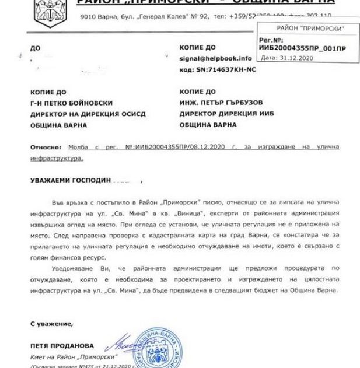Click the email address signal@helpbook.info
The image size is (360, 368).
click(216, 58)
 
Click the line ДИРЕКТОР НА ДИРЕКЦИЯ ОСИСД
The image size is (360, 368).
click(88, 114)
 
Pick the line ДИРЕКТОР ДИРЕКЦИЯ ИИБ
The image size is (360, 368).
click(227, 114)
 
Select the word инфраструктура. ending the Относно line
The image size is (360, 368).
click(58, 157)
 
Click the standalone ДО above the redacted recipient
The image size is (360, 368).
click(34, 47)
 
